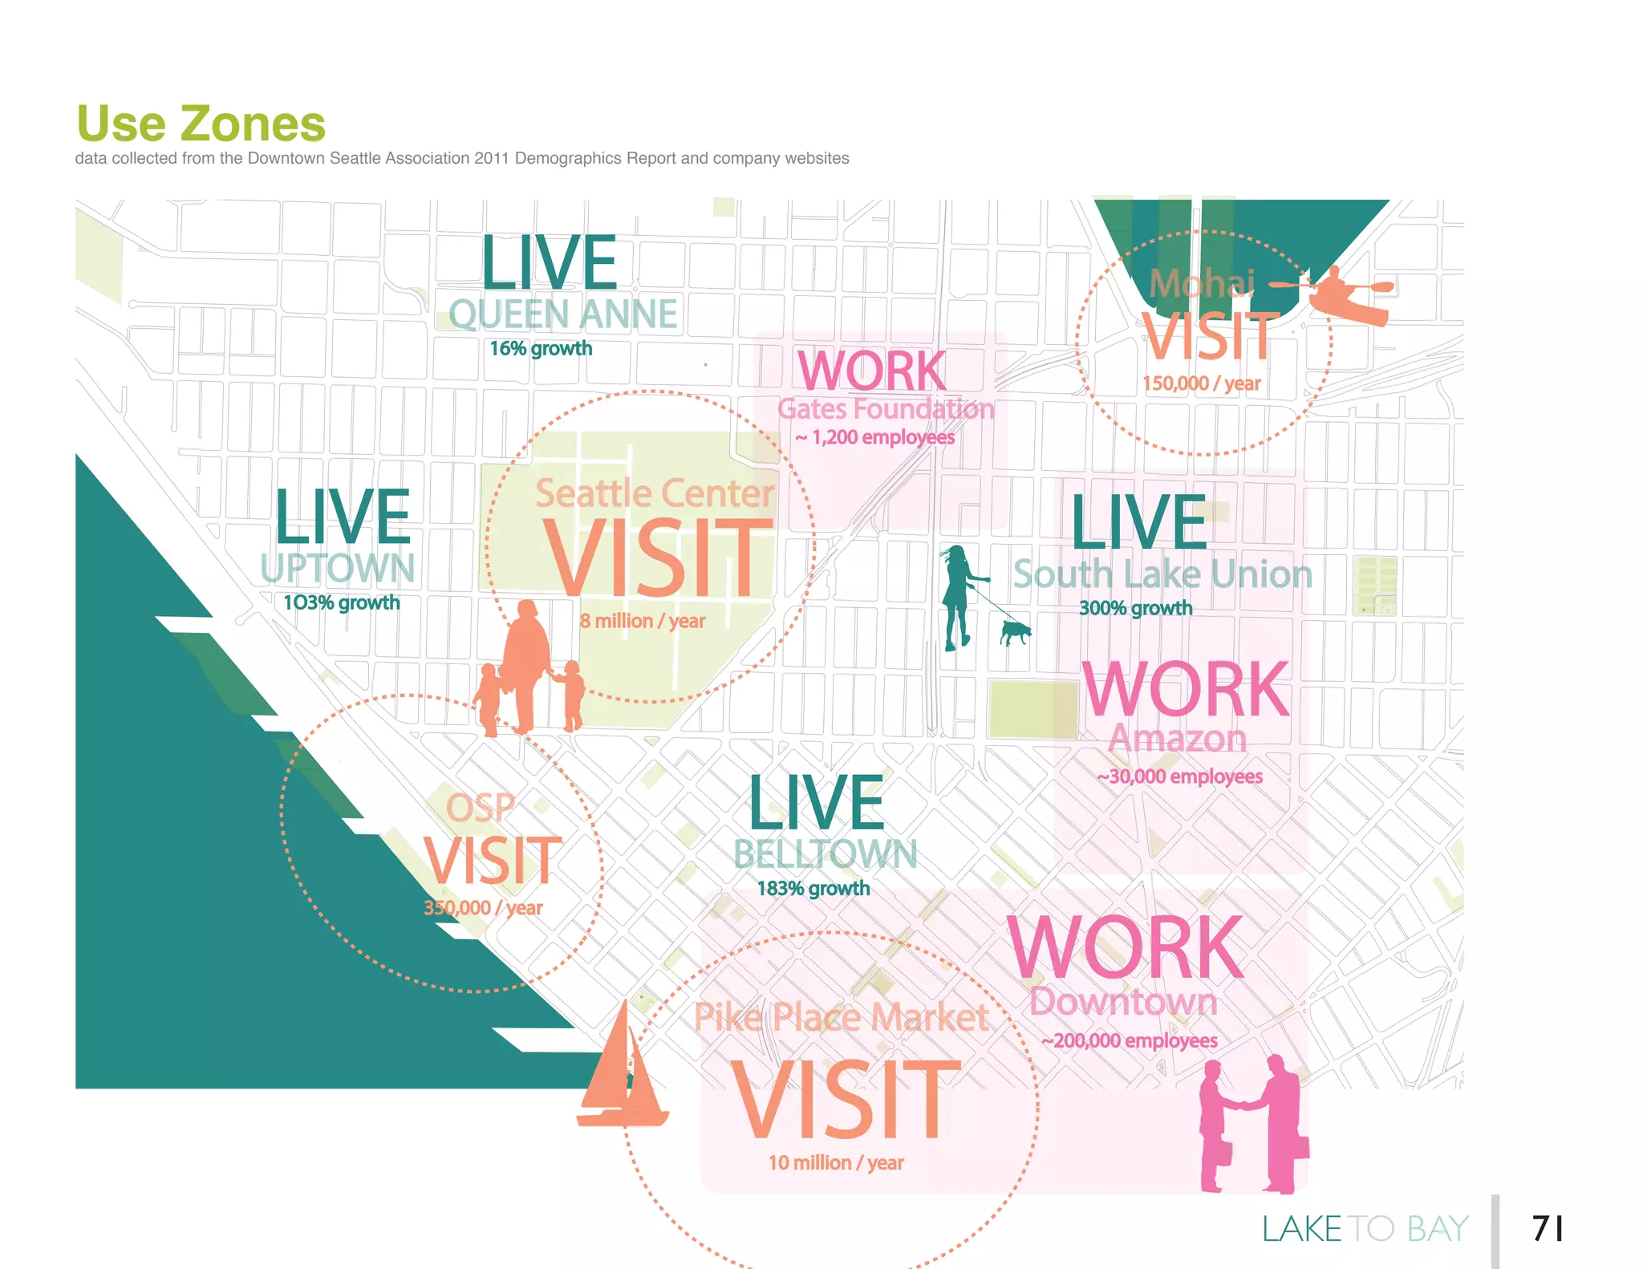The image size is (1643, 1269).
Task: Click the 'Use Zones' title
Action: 201,124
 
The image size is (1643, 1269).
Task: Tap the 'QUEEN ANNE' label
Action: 563,314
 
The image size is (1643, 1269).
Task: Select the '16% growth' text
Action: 541,349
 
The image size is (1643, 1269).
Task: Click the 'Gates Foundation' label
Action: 886,409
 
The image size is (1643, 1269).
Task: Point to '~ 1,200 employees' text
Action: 875,438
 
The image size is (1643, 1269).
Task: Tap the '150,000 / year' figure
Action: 1201,383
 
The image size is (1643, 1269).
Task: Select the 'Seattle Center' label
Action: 655,493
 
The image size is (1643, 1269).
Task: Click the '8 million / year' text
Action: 643,621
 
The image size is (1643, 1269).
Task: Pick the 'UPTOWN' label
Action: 338,568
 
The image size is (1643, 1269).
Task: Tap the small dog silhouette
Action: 1015,632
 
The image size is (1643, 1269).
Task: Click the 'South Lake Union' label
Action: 1162,574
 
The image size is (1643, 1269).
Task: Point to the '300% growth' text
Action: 1135,608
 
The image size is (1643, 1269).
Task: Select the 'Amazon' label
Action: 1177,739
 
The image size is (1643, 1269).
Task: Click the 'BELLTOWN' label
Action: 825,854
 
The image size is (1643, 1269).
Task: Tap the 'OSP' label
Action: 480,807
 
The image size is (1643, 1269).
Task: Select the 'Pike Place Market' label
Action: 841,1017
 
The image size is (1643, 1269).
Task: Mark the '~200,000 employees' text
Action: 1130,1041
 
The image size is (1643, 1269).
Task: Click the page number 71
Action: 1547,1228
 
